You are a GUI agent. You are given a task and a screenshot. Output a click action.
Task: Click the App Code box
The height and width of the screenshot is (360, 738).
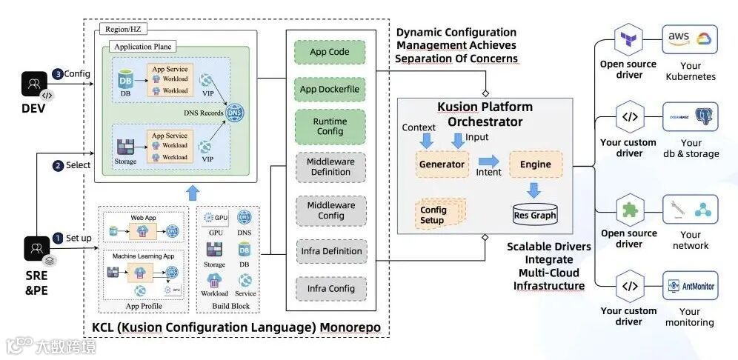click(x=330, y=53)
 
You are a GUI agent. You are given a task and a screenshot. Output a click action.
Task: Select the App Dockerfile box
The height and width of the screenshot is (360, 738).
click(x=330, y=90)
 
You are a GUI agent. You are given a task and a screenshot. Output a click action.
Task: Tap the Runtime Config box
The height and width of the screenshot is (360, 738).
click(x=330, y=127)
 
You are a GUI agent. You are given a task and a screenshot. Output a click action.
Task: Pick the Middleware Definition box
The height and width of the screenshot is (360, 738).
click(x=330, y=167)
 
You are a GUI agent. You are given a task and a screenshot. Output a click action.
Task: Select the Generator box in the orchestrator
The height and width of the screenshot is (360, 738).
click(x=442, y=164)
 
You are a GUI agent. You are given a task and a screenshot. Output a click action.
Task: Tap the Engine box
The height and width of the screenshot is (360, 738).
click(x=535, y=164)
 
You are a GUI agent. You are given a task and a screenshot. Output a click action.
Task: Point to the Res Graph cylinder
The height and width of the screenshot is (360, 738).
click(x=535, y=213)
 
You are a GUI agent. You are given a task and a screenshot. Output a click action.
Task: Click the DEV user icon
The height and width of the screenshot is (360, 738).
click(x=35, y=87)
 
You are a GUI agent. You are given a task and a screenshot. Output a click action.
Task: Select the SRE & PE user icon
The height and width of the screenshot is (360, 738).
click(x=35, y=249)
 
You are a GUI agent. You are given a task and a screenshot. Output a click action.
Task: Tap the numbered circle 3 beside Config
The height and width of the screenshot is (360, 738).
click(x=58, y=74)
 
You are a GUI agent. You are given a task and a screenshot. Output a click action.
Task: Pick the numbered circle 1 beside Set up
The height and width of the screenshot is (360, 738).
click(x=58, y=239)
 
